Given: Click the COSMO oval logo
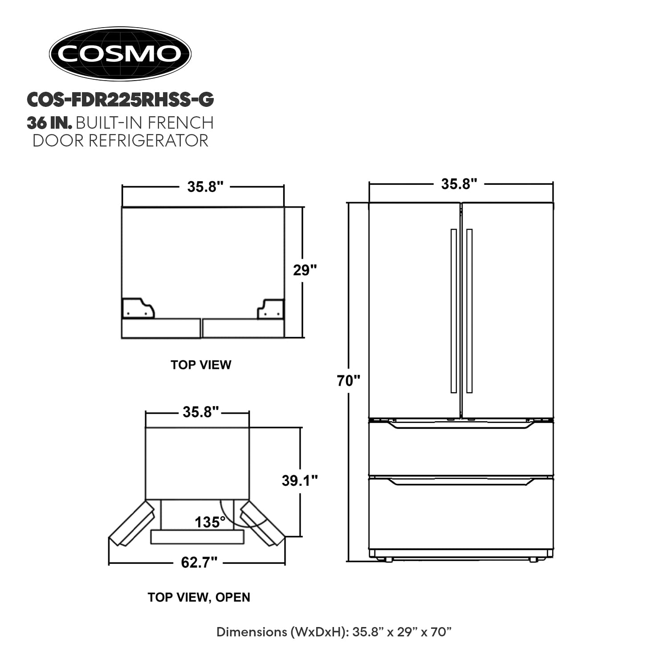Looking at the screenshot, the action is pos(120,54).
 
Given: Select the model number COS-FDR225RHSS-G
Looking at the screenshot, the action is pos(120,100).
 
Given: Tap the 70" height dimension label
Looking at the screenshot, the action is pos(348,381).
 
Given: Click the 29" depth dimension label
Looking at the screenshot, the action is pos(305,270).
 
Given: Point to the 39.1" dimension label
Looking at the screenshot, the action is pos(300,481).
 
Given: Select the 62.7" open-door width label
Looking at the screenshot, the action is pos(199,562).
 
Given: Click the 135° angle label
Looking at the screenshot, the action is pos(210,521).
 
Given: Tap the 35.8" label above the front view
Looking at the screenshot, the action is pos(459,184).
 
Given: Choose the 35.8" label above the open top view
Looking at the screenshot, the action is pos(201,412).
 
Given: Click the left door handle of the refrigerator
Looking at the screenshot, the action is pos(453,311).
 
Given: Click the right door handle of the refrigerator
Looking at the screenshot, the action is pos(469,311).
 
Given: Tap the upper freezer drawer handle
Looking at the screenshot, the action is pos(461,425).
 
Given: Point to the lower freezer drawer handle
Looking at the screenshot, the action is pos(461,482).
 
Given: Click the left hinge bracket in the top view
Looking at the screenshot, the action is pos(138,308).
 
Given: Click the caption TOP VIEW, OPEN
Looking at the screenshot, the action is pos(199,597).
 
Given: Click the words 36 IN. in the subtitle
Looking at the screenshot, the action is pos(49,122).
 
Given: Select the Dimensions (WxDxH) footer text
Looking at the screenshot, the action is pos(334,632).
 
